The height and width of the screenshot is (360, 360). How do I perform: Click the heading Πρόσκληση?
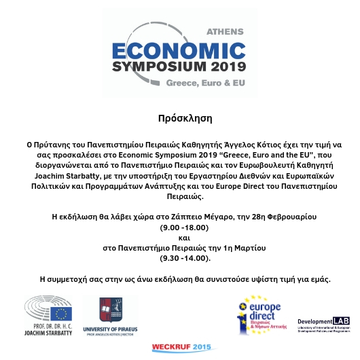(180, 118)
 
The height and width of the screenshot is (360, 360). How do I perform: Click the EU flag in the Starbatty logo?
(62, 313)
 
